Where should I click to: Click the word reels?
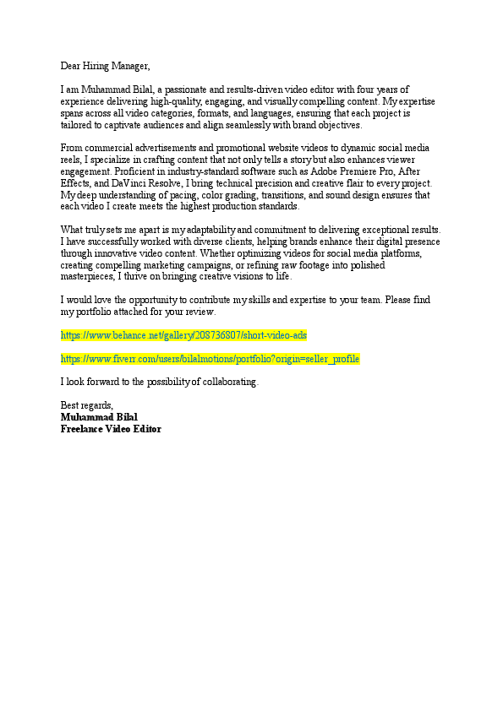pos(71,160)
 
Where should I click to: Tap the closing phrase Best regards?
pos(86,406)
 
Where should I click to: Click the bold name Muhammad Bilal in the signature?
pos(99,418)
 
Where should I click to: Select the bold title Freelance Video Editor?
pos(111,430)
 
